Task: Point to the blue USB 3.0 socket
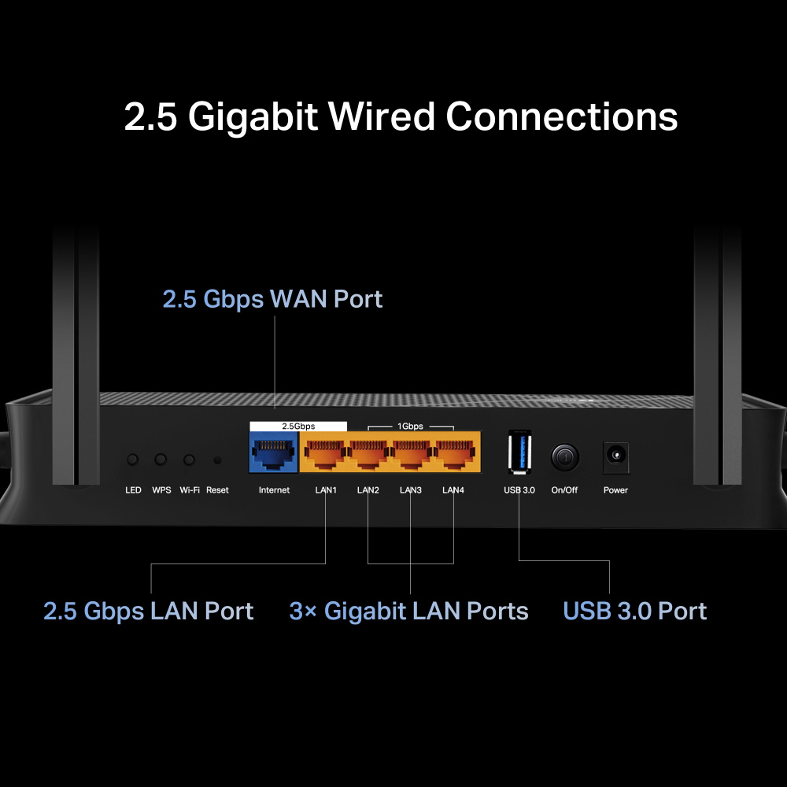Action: coord(519,453)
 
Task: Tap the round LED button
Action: coord(133,460)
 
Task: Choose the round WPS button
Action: coord(161,460)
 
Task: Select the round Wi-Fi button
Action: coord(189,460)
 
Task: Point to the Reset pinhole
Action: coord(217,460)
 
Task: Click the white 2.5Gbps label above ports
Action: coord(298,426)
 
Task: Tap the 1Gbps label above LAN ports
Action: coord(410,426)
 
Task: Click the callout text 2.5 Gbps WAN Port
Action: coord(272,299)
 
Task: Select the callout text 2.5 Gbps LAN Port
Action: coord(149,611)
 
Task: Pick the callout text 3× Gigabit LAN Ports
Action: coord(409,611)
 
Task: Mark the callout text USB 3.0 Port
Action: coord(635,611)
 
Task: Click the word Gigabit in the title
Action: coord(253,116)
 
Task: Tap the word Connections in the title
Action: coord(562,116)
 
